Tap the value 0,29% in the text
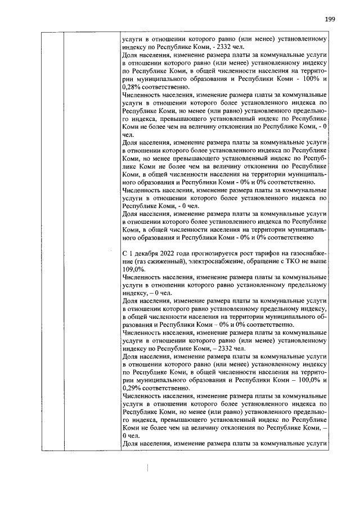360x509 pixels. point(131,388)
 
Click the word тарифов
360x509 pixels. point(265,253)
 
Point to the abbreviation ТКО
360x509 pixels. point(290,261)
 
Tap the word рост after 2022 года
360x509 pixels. point(245,253)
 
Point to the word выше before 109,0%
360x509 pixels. point(318,261)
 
